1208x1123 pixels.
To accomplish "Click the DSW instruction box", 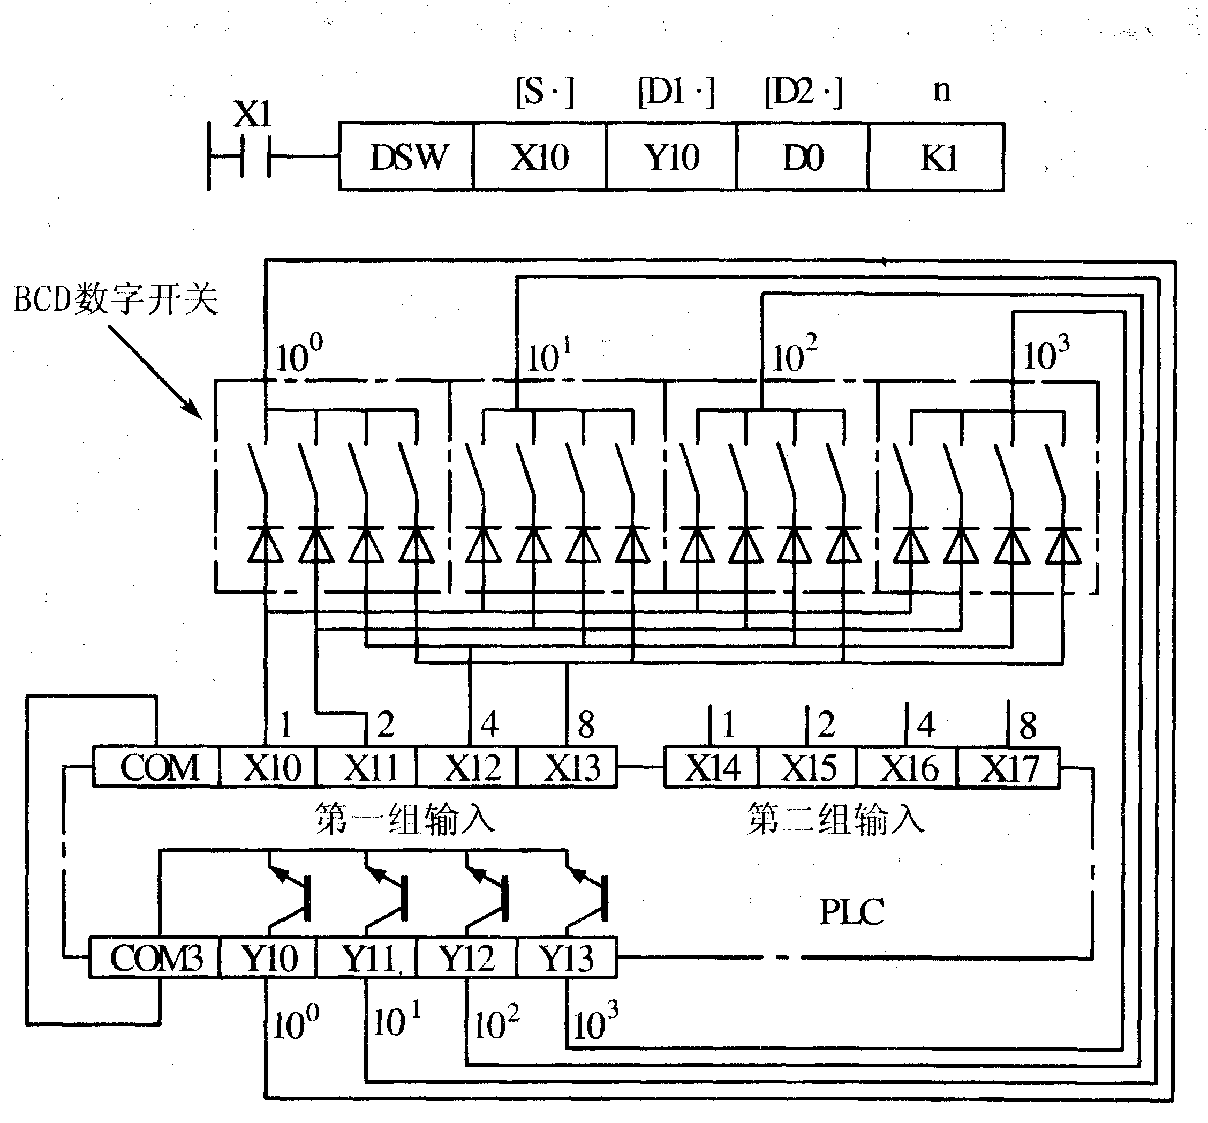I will [406, 158].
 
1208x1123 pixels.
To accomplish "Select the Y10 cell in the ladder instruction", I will [671, 158].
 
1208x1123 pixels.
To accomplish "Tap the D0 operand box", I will [803, 158].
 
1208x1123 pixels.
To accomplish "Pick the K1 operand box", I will [937, 158].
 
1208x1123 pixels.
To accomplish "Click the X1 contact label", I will [252, 114].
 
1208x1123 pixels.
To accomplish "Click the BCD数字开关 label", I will [116, 299].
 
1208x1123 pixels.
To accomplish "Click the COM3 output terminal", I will [155, 959].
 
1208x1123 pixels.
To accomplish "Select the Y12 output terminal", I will [466, 959].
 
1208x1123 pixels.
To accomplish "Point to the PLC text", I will [851, 912].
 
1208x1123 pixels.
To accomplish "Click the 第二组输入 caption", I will [836, 819].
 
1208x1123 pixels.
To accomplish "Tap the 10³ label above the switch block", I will [1046, 354].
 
